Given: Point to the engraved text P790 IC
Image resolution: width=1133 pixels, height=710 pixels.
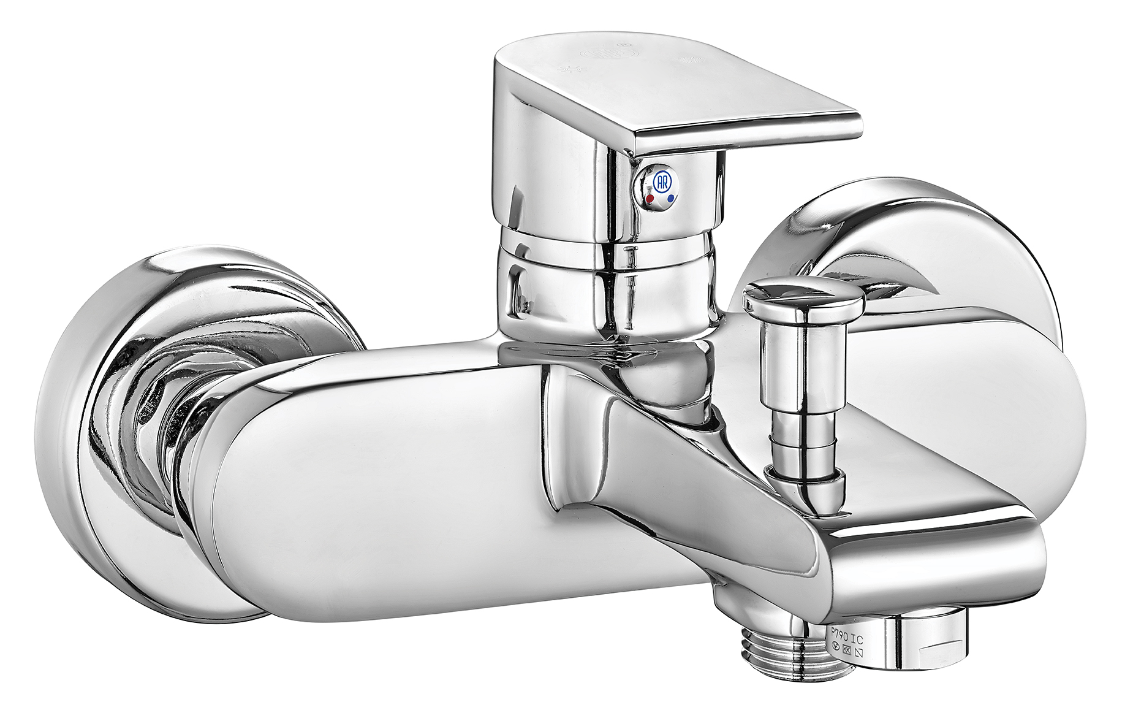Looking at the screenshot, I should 847,637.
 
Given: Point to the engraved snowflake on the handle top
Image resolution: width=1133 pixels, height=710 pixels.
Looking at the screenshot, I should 691,59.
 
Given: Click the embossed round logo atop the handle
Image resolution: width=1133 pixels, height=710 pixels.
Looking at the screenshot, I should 609,53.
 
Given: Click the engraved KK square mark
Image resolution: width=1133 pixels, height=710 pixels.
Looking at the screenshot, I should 847,650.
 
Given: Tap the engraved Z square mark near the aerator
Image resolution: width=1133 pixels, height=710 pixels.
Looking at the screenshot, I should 858,653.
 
